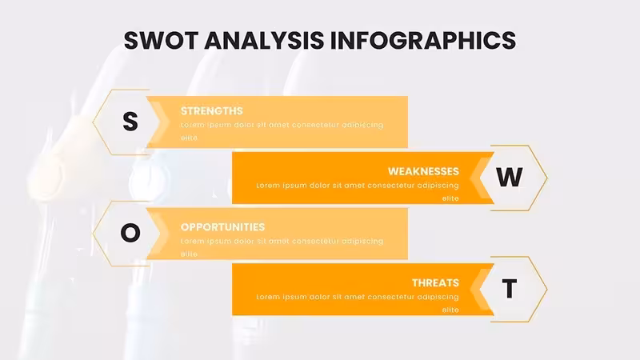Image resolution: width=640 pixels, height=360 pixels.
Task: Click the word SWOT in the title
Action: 161,41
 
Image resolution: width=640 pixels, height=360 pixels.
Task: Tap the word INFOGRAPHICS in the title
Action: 423,41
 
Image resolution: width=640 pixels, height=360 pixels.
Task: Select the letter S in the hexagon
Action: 130,122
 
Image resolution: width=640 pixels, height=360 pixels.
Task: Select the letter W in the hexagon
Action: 510,177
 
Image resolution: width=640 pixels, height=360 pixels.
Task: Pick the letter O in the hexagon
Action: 130,233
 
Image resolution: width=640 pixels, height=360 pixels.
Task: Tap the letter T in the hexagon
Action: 510,289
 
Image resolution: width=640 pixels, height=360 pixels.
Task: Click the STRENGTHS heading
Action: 211,111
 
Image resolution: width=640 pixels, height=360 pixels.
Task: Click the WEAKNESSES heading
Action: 423,171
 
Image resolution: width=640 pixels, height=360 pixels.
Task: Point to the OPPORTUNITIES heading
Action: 223,227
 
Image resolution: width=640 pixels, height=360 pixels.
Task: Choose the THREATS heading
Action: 435,283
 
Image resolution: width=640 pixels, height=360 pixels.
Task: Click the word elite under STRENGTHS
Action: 189,138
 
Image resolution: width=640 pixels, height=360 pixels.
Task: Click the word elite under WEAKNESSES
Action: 450,198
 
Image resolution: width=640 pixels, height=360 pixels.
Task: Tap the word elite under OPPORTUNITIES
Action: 189,254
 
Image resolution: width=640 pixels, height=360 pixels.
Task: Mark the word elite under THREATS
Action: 450,310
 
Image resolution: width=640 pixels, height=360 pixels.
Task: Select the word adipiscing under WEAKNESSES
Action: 438,186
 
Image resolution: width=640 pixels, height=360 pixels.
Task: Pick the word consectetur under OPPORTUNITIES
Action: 314,242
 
